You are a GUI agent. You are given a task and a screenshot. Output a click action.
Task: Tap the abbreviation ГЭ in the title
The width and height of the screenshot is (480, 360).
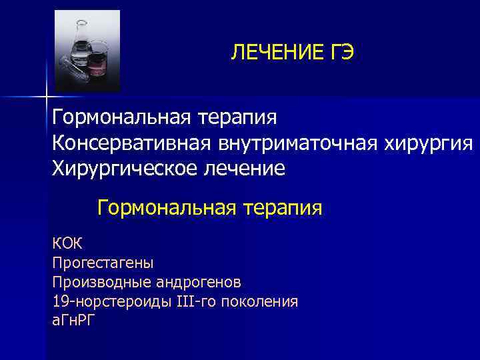coord(336,53)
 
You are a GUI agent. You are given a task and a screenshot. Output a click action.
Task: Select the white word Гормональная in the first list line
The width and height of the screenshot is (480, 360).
coord(121,118)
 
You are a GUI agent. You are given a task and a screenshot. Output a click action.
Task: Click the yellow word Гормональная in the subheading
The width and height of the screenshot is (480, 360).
coord(167,208)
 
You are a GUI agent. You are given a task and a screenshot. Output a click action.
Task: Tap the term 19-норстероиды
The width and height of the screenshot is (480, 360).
coord(111,302)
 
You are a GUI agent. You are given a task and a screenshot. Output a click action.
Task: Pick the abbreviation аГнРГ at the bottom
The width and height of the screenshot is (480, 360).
coord(74,321)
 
